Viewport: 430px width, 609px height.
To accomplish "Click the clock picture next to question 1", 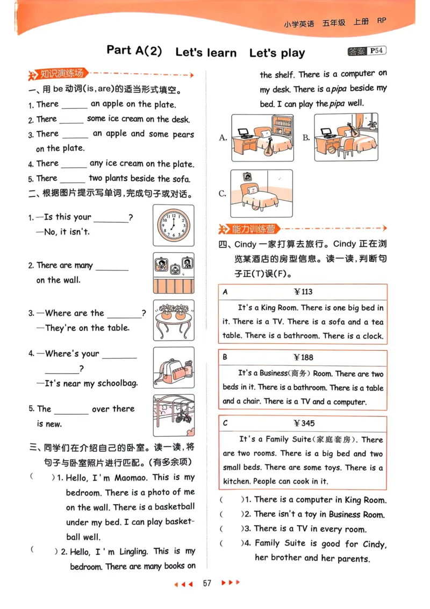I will coord(173,225).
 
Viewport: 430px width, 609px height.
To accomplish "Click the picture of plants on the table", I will coord(174,320).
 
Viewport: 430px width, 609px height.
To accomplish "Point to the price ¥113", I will coord(303,292).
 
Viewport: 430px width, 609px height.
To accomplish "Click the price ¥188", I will coord(303,357).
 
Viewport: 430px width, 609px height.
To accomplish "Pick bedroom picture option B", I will coord(346,137).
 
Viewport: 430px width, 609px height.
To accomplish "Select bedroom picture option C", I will coord(261,193).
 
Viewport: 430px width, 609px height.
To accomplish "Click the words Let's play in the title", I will coord(277,53).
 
